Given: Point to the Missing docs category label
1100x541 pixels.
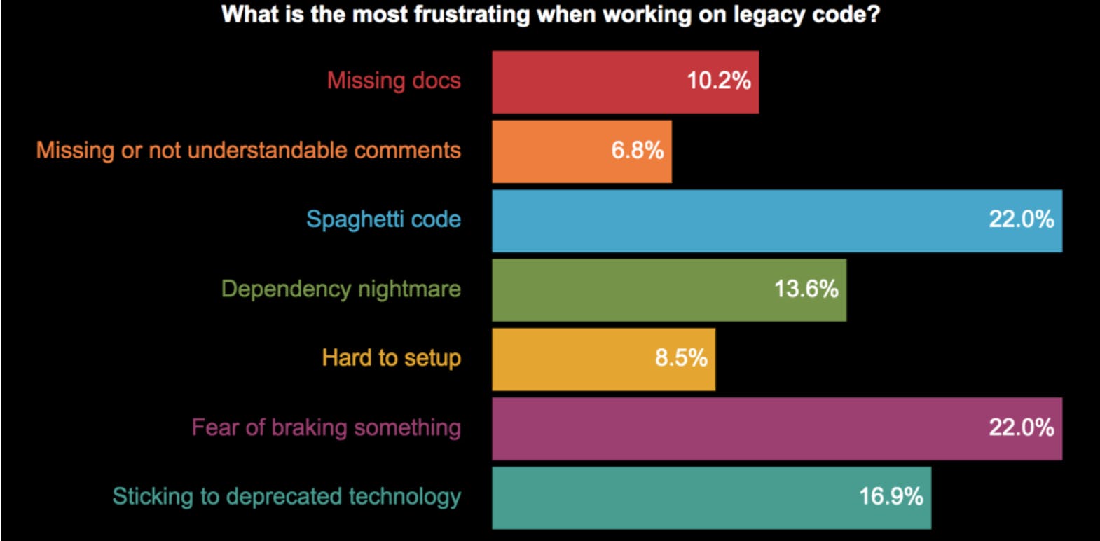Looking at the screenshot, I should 394,81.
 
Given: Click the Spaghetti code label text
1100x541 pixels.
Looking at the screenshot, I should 383,220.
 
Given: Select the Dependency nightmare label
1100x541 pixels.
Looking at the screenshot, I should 341,289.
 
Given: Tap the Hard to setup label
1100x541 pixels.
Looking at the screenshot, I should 391,358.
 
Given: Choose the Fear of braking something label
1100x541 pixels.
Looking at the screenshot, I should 326,427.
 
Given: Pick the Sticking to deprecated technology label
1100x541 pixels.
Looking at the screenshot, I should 287,497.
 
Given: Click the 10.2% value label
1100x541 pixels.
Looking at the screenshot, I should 718,81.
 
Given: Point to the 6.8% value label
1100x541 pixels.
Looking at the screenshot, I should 637,151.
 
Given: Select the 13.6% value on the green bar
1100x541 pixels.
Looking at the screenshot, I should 806,289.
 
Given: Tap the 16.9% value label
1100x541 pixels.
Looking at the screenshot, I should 891,497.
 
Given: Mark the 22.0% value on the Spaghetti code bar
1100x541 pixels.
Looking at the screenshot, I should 1021,220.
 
